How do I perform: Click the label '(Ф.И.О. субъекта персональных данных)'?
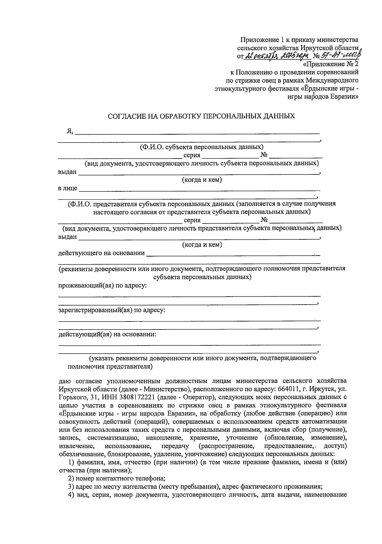coord(202,147)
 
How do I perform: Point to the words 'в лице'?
coord(67,188)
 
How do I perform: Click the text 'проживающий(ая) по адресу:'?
coord(102,286)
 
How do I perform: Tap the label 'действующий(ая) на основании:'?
coord(107,334)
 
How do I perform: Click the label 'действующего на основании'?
coord(101,253)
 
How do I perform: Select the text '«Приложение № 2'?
coord(333,64)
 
